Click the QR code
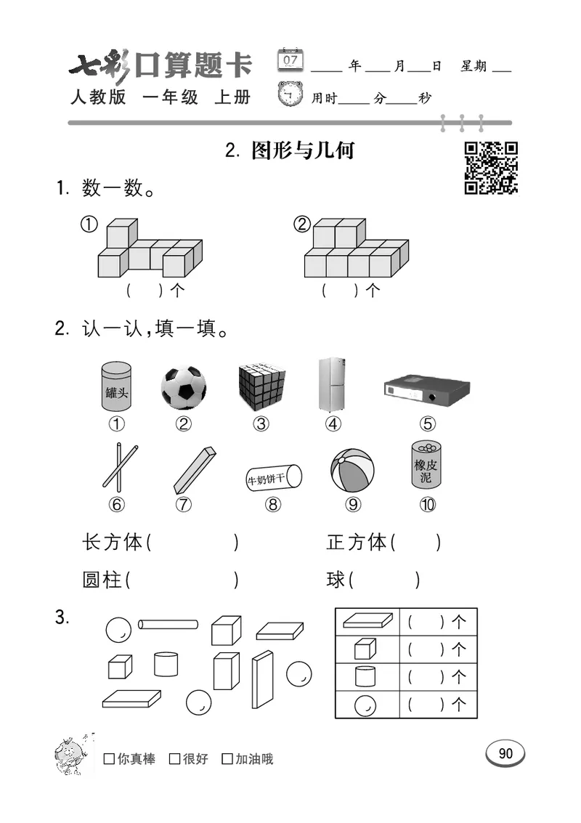pos(491,168)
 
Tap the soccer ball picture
pos(183,387)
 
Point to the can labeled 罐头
pos(117,387)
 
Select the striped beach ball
pos(352,471)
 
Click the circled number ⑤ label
pos(427,424)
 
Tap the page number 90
pos(505,754)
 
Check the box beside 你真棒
pos(110,759)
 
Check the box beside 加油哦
pos(227,759)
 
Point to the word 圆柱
pos(102,580)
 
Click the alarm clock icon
pos(291,95)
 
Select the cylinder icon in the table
pos(365,676)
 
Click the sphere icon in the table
pos(365,704)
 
